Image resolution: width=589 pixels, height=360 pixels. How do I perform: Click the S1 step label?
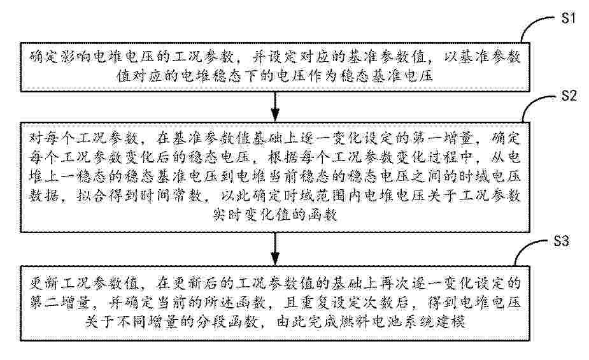(x=568, y=17)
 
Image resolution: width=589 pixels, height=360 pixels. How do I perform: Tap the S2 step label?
(x=569, y=96)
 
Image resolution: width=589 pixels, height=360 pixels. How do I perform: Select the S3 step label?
(x=562, y=240)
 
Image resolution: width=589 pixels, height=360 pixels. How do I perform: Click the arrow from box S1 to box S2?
(x=275, y=106)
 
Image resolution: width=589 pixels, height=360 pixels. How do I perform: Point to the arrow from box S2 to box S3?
(x=275, y=248)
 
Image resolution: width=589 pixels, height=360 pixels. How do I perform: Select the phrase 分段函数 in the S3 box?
(x=227, y=322)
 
